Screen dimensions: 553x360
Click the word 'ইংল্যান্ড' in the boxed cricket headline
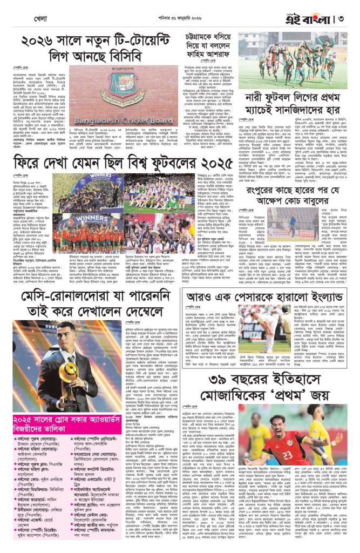coord(320,296)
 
